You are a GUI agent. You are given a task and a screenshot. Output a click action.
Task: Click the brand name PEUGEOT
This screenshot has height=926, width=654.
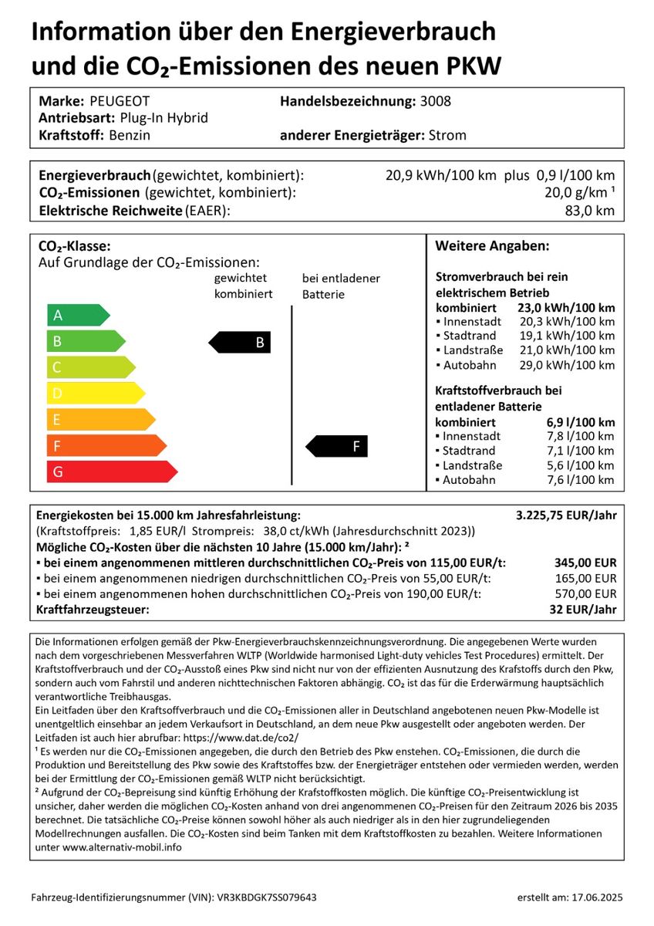click(x=120, y=101)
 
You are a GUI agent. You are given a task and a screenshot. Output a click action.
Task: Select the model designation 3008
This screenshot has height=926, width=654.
click(x=436, y=101)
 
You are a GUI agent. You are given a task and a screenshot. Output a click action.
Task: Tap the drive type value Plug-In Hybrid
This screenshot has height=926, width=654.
click(x=164, y=118)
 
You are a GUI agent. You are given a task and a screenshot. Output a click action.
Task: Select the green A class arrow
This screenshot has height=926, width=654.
click(x=77, y=315)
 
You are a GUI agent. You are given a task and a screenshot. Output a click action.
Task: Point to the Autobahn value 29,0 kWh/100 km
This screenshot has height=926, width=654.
click(x=567, y=365)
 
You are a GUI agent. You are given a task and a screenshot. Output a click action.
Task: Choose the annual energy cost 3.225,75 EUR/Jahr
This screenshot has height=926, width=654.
click(x=565, y=515)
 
